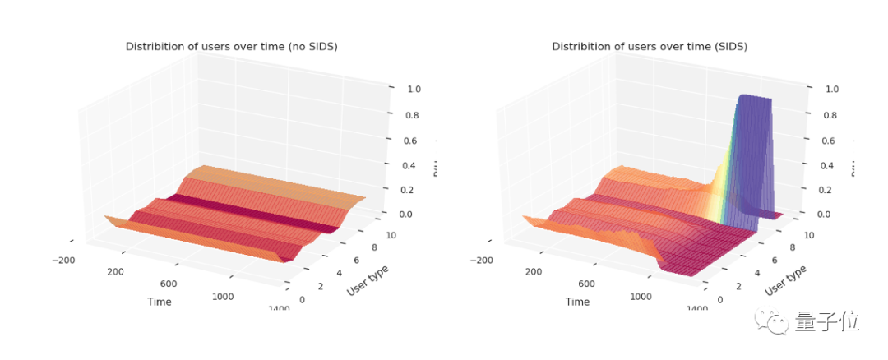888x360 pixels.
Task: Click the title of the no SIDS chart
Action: click(231, 47)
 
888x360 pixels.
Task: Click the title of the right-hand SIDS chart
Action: click(649, 47)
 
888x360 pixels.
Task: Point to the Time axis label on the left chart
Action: click(160, 302)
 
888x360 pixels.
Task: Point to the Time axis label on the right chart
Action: click(577, 302)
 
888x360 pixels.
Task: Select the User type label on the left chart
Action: click(368, 279)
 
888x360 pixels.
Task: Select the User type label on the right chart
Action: click(785, 279)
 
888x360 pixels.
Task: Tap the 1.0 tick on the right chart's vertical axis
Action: click(831, 90)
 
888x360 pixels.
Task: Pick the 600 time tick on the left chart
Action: click(169, 284)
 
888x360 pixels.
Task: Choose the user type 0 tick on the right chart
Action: click(720, 300)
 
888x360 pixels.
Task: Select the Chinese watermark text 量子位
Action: click(826, 321)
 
